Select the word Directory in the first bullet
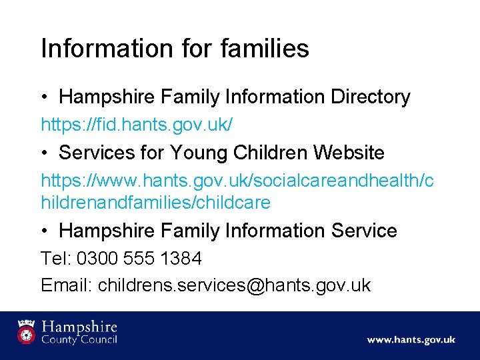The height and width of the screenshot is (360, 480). tap(370, 97)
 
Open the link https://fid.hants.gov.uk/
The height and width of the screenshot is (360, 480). tap(137, 125)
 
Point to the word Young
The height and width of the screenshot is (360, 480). tap(199, 153)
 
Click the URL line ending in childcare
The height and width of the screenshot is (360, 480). tap(155, 202)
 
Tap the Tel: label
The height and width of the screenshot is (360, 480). tap(57, 258)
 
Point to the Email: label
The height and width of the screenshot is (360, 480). tap(67, 285)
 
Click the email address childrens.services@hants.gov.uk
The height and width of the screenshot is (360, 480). tap(234, 285)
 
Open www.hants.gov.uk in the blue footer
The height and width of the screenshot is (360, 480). tap(411, 340)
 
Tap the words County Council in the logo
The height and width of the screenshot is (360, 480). tap(79, 340)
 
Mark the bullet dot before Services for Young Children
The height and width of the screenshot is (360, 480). tap(45, 153)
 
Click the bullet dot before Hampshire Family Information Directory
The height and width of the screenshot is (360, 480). tap(45, 98)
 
